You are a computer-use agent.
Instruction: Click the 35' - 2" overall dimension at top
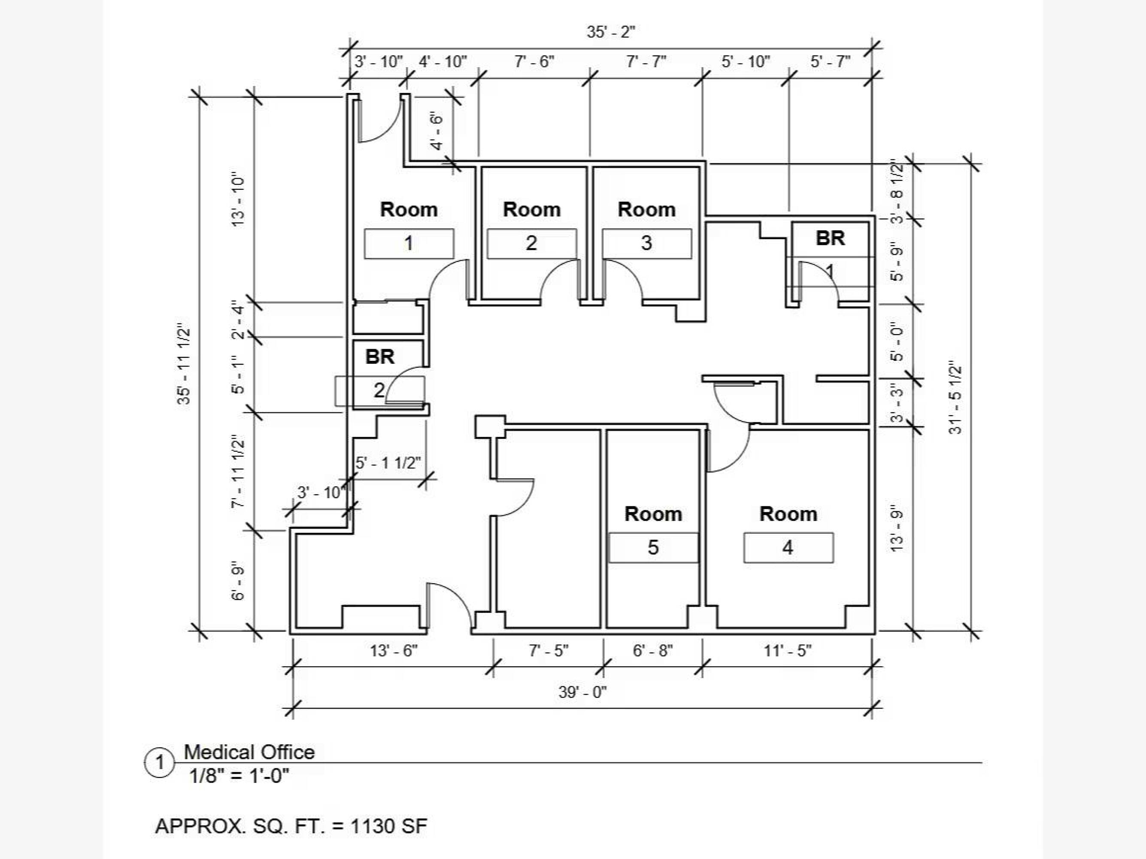(x=611, y=32)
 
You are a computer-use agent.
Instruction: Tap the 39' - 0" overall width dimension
(x=582, y=692)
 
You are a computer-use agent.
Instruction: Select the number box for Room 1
(x=409, y=244)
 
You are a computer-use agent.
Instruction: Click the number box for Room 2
(x=531, y=244)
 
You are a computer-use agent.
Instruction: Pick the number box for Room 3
(x=646, y=244)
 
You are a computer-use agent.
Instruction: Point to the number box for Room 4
(x=788, y=548)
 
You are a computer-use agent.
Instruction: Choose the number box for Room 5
(x=653, y=548)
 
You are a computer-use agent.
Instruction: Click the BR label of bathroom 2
(x=380, y=356)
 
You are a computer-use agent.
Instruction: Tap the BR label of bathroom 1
(x=831, y=238)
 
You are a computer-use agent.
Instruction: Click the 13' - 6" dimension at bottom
(x=394, y=651)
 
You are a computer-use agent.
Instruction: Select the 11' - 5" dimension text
(x=788, y=651)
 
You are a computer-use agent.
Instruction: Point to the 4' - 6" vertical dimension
(x=437, y=132)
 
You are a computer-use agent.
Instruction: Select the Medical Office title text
(x=249, y=752)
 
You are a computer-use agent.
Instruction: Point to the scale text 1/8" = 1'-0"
(x=239, y=776)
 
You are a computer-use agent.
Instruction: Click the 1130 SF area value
(x=388, y=826)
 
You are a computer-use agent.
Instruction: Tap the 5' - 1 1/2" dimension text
(x=388, y=463)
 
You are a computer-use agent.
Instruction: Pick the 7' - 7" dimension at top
(x=646, y=62)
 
